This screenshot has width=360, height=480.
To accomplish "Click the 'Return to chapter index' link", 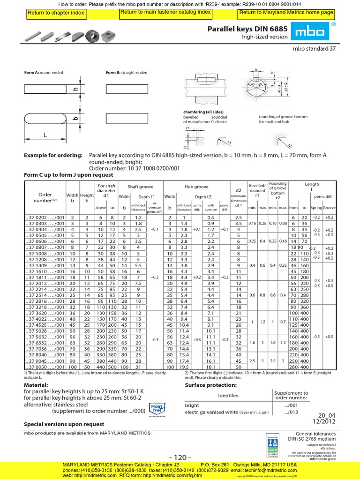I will pos(55,13).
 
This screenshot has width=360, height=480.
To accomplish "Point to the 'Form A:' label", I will pos(31,73).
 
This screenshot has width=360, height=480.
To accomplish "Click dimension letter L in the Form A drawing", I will pos(45,135).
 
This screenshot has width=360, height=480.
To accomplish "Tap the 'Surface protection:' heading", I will pos(211,385).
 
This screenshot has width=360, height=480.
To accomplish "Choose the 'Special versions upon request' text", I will pos(64,424).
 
